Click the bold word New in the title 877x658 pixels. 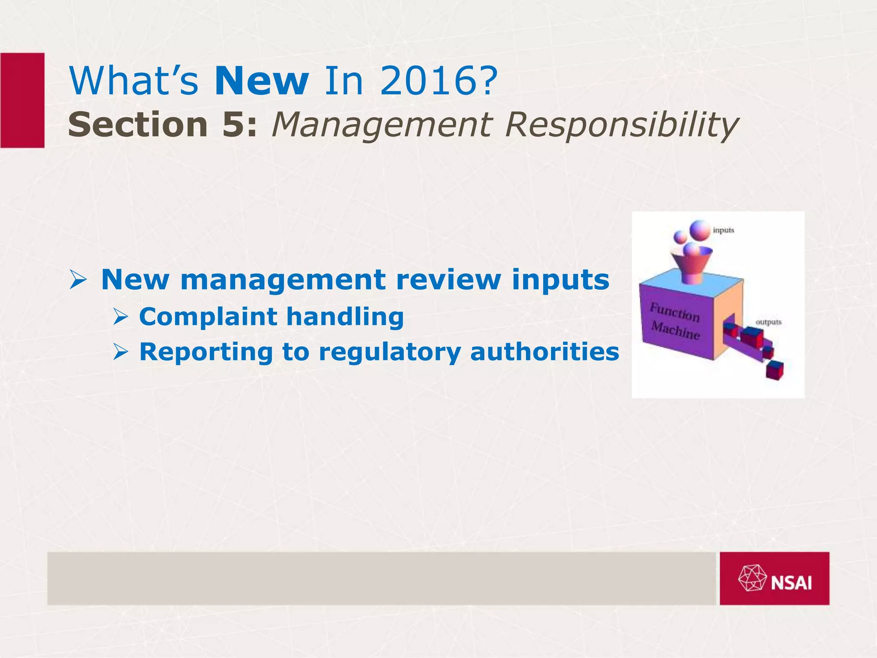pyautogui.click(x=261, y=81)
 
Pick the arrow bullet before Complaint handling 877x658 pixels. pyautogui.click(x=121, y=317)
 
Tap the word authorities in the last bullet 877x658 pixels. pyautogui.click(x=544, y=352)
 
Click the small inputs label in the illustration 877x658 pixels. pyautogui.click(x=723, y=230)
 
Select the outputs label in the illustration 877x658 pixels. pyautogui.click(x=768, y=322)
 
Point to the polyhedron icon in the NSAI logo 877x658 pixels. pyautogui.click(x=752, y=578)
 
